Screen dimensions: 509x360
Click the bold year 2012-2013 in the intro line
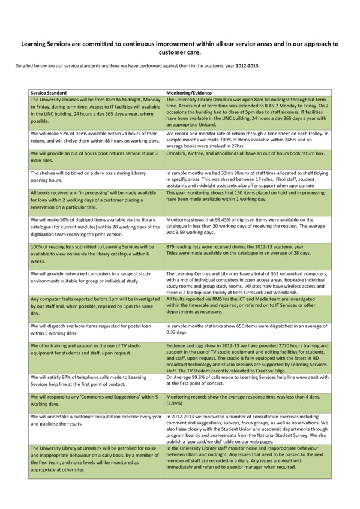coord(247,65)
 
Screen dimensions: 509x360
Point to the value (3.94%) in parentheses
coord(175,404)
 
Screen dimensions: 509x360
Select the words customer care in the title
coord(180,52)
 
